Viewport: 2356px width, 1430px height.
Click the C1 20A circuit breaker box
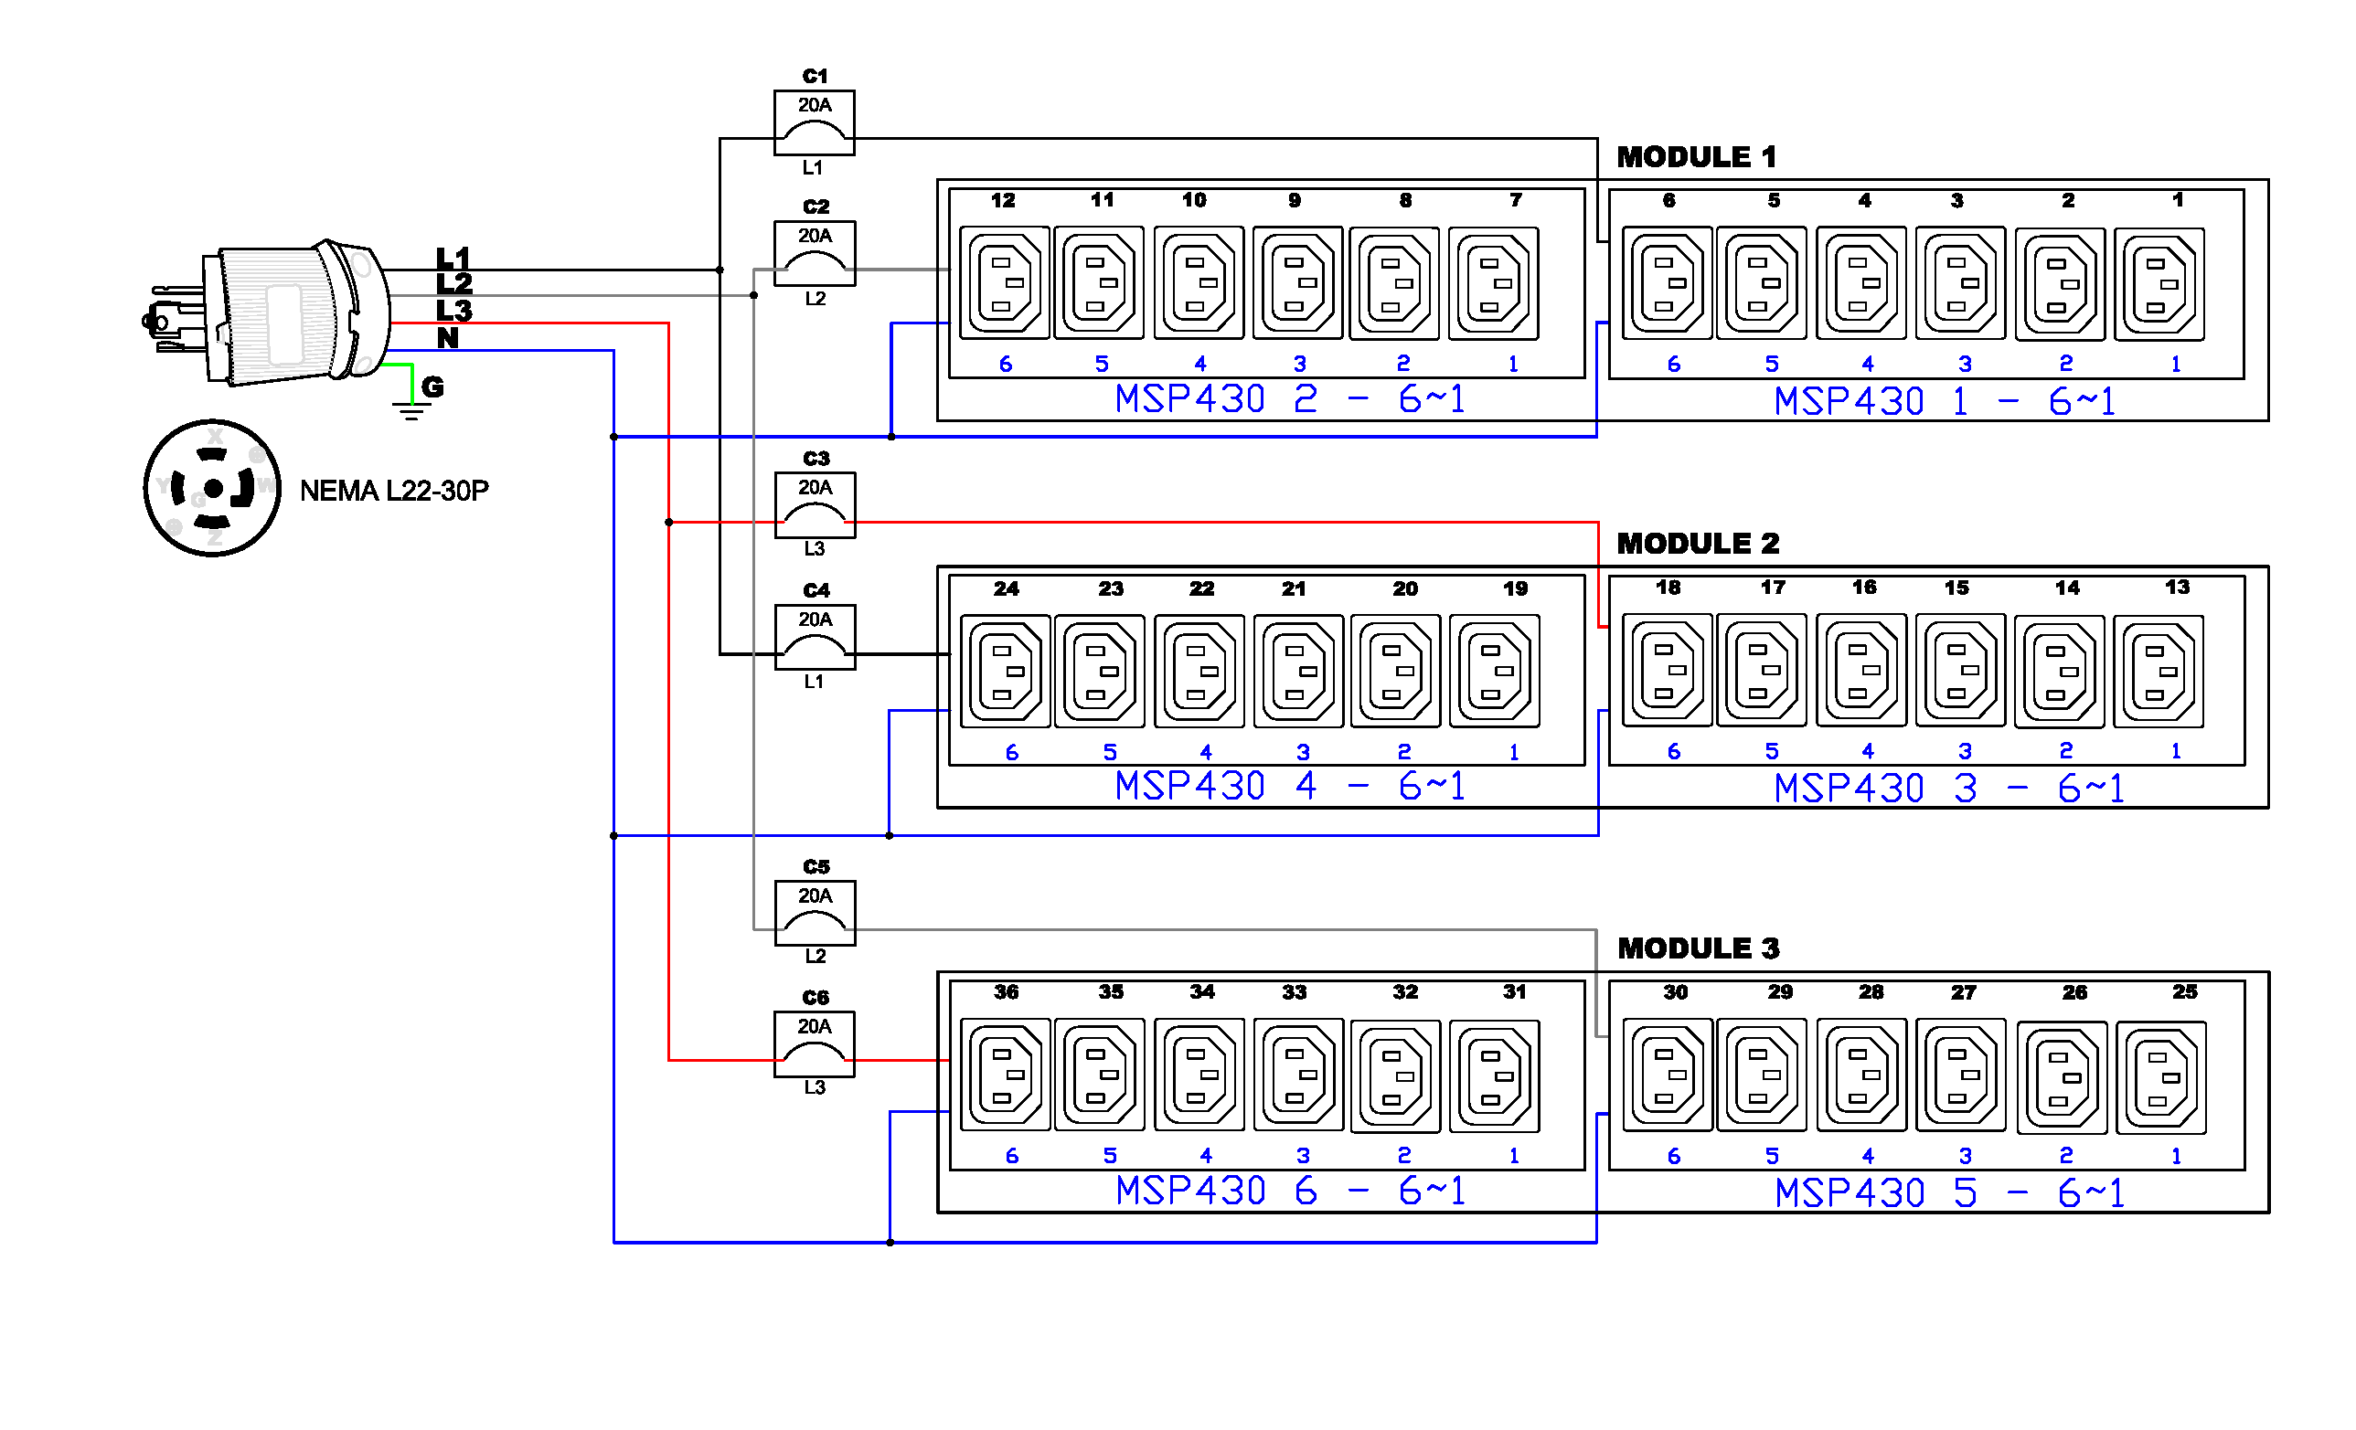tap(814, 122)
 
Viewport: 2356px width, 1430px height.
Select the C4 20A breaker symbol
tap(815, 637)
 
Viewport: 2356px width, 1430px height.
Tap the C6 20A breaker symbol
tap(814, 1043)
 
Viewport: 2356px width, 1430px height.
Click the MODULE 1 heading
tap(1695, 157)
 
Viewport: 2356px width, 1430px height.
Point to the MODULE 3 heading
tap(1698, 948)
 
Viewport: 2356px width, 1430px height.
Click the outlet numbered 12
tap(1004, 283)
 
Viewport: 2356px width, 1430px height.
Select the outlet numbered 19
tap(1494, 671)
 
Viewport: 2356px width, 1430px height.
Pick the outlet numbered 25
tap(2160, 1077)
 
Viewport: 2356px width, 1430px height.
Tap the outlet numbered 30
tap(1667, 1075)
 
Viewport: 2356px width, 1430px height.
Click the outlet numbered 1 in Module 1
tap(2159, 284)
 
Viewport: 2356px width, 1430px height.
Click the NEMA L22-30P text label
tap(394, 492)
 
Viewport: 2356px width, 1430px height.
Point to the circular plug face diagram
tap(212, 489)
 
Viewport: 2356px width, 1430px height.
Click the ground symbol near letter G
tap(411, 410)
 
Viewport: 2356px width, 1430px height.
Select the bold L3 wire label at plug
tap(454, 311)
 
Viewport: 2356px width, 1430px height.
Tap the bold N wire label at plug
tap(447, 337)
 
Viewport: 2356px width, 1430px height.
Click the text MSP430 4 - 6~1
tap(1290, 786)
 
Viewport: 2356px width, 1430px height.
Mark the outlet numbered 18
tap(1667, 670)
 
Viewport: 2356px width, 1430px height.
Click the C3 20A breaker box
tap(815, 504)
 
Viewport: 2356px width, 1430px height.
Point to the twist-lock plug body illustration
tap(287, 312)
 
